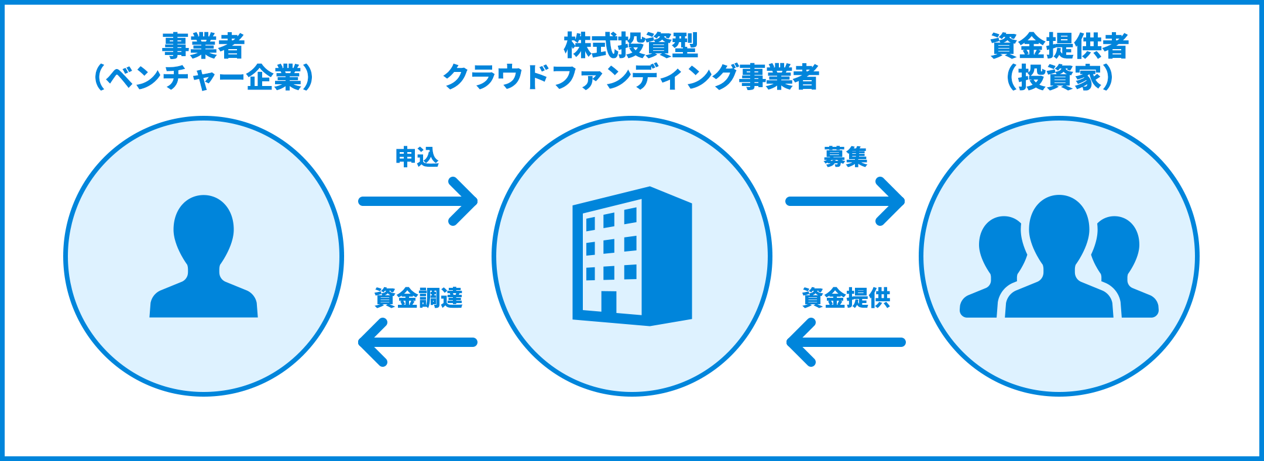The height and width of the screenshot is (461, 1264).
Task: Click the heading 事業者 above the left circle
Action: point(203,46)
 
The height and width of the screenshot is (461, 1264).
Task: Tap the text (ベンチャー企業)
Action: point(203,78)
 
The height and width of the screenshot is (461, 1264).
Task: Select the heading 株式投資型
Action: point(631,46)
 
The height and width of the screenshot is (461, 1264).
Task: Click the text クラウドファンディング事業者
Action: point(631,78)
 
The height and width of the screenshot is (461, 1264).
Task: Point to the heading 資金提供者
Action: point(1059,46)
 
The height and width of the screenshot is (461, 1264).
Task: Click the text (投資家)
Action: point(1059,78)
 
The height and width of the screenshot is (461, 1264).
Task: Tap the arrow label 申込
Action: point(417,157)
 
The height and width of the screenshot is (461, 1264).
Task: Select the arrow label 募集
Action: point(845,157)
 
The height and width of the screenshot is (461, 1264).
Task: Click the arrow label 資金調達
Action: point(418,298)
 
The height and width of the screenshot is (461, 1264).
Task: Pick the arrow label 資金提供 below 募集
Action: point(846,298)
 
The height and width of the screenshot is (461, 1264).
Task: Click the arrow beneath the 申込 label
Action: point(418,201)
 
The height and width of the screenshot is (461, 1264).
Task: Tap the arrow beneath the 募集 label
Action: point(846,201)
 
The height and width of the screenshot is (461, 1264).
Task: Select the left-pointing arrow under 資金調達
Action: point(418,342)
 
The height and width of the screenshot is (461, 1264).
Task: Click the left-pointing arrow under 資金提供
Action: point(846,342)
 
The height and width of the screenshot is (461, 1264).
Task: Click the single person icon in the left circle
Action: point(204,257)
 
